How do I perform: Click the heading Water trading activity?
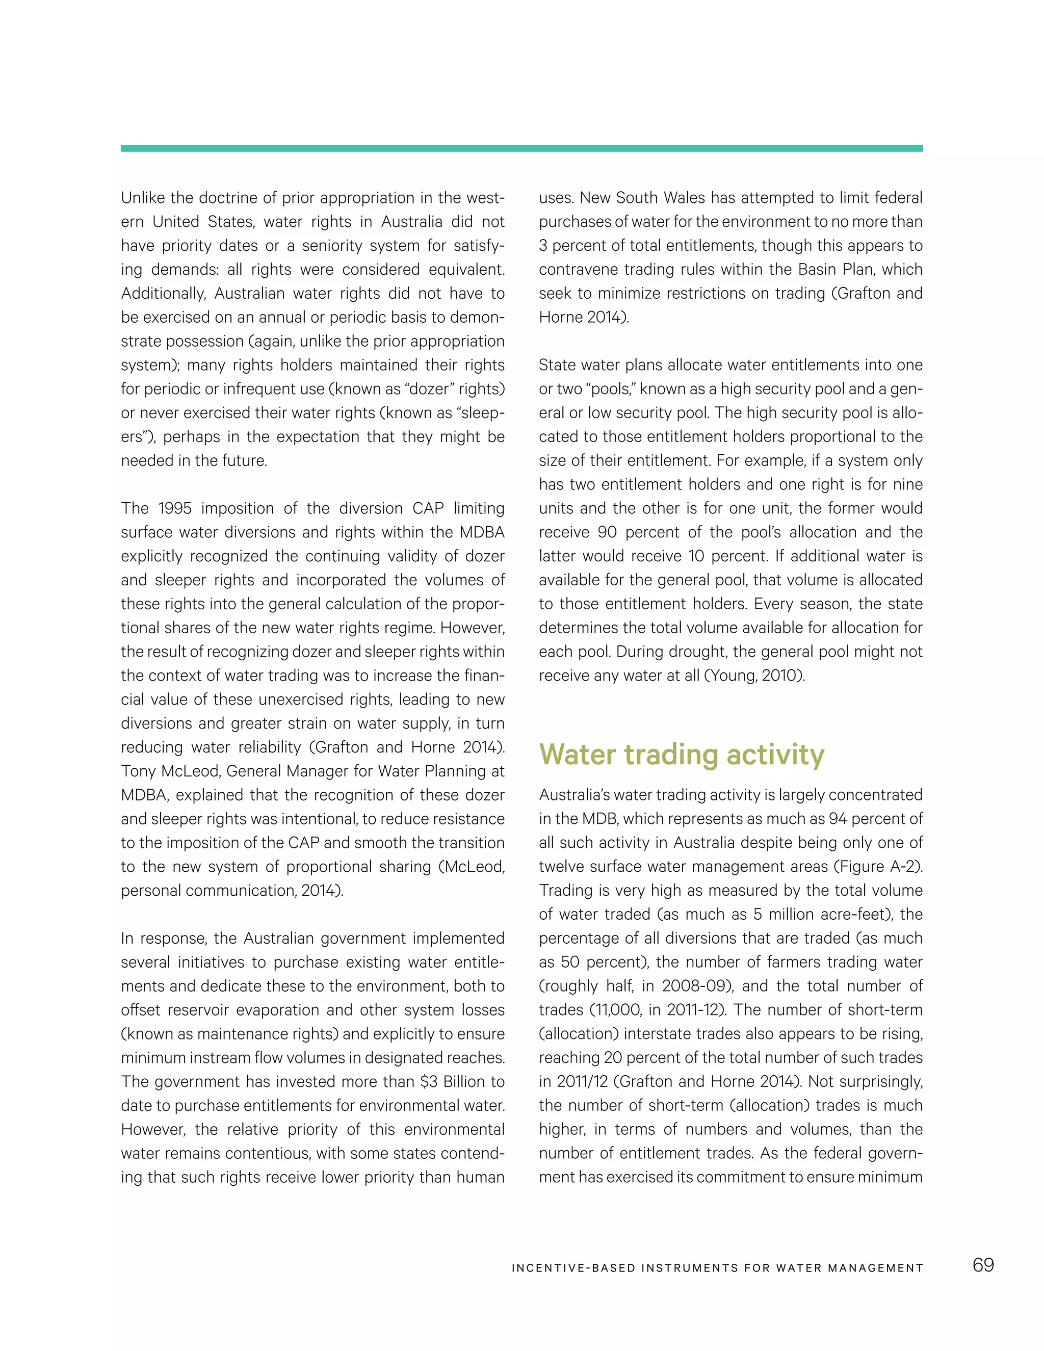tap(681, 755)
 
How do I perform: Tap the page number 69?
tap(983, 1265)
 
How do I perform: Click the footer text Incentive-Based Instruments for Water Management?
tap(717, 1268)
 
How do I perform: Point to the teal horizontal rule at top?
tap(521, 148)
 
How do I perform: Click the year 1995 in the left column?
tap(175, 508)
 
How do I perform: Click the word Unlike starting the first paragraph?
tap(143, 198)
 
